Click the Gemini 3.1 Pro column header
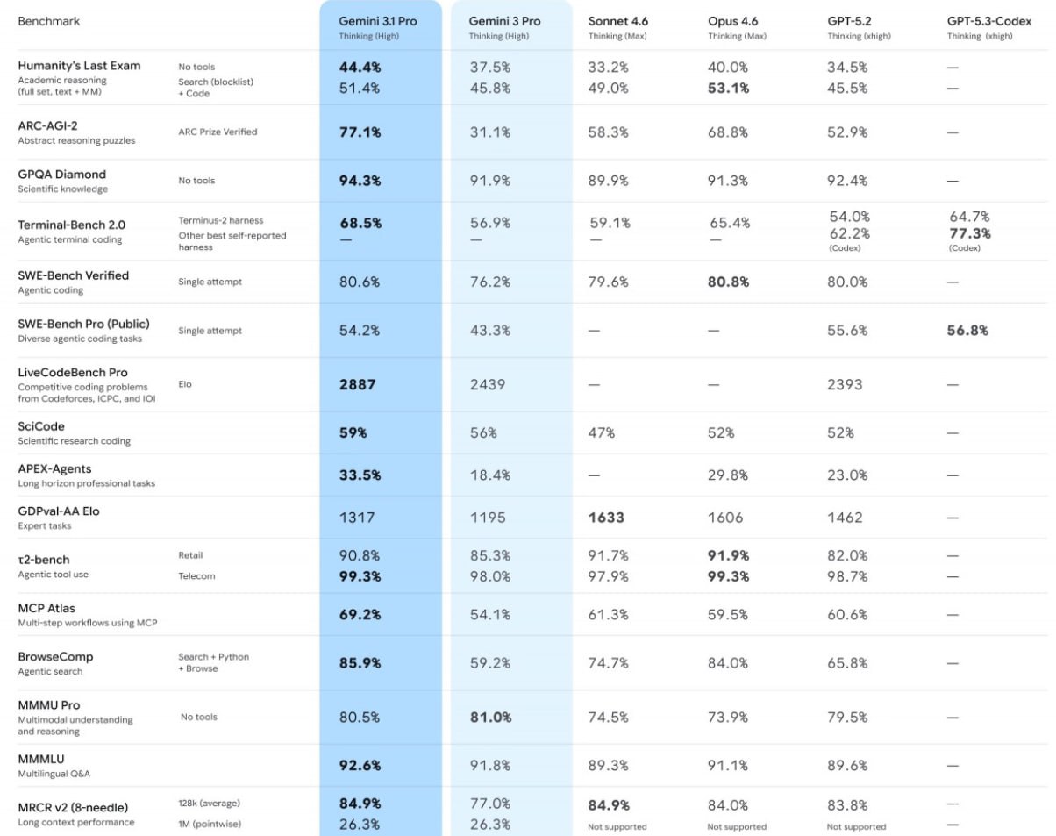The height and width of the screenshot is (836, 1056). pos(378,21)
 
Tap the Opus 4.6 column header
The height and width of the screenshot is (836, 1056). pos(733,21)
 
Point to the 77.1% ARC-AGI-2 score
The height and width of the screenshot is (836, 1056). pos(360,132)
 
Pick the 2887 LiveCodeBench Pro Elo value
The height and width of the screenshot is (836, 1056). pos(358,384)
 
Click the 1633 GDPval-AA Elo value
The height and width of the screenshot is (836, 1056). pos(606,518)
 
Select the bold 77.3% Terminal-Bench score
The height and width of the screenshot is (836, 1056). pos(970,234)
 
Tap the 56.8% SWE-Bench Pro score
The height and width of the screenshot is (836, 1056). pos(967,331)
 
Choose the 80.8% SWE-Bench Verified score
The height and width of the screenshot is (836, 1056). pos(728,282)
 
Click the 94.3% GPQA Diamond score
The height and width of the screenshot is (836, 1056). pos(360,181)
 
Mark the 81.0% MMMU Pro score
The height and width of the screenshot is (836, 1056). pos(490,717)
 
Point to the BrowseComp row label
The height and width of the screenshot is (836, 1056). pos(55,657)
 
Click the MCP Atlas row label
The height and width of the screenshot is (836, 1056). pos(46,608)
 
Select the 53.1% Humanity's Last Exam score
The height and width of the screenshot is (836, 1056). pos(728,88)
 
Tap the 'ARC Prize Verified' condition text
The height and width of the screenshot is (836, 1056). pos(218,132)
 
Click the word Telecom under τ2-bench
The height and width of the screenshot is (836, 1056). pos(196,576)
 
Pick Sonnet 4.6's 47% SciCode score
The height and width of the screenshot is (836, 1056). pos(602,432)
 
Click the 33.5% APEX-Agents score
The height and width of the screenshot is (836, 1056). pos(360,475)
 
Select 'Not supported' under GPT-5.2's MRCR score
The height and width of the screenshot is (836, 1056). pos(856,826)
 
